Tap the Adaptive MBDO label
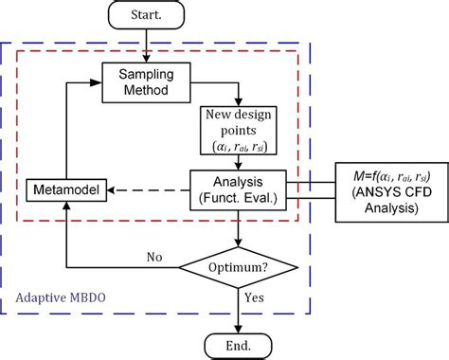[61, 296]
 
